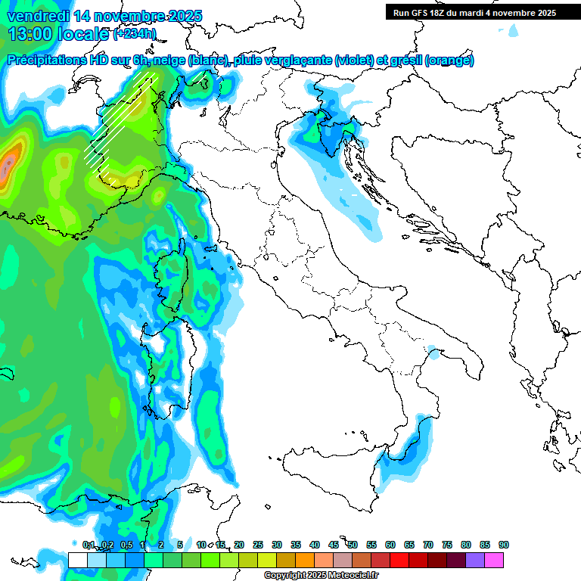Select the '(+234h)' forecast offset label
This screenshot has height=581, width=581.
click(x=135, y=34)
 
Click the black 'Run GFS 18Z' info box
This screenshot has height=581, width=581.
click(x=474, y=12)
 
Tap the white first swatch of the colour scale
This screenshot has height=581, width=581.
click(x=77, y=560)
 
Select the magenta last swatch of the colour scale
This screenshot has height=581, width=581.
click(x=494, y=560)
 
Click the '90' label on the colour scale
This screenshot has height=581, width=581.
click(x=504, y=545)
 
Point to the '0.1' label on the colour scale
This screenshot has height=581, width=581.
click(x=89, y=545)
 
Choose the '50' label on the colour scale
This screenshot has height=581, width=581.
click(x=353, y=545)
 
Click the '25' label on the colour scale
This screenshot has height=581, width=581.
click(x=258, y=545)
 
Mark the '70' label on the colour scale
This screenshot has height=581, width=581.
click(x=428, y=545)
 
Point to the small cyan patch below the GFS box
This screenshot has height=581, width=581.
click(x=514, y=30)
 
